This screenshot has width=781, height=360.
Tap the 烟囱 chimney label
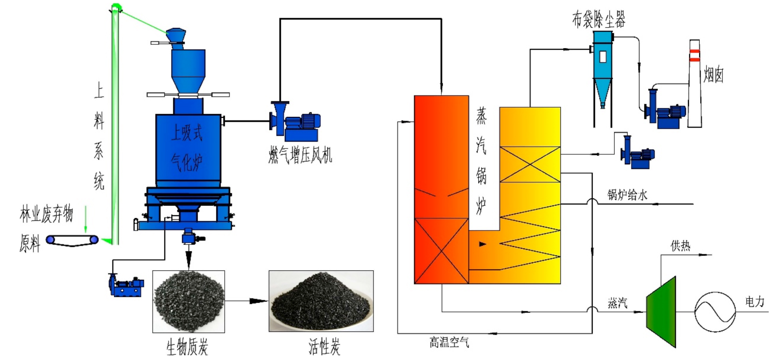(x=713, y=75)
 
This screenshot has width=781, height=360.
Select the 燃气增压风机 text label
(x=300, y=155)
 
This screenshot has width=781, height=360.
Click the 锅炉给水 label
(x=627, y=195)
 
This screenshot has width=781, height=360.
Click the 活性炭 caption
(x=324, y=347)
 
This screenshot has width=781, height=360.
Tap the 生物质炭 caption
(x=187, y=347)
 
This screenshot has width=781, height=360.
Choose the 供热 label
(x=680, y=246)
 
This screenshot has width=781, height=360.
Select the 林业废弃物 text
(x=46, y=214)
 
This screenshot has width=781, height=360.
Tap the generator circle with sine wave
(x=715, y=312)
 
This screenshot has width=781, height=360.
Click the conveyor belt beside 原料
(x=72, y=240)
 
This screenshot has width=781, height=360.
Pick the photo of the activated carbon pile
(x=321, y=301)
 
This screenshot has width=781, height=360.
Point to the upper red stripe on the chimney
(x=694, y=51)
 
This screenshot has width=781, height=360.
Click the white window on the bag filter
(x=603, y=57)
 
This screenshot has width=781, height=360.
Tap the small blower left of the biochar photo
(x=126, y=285)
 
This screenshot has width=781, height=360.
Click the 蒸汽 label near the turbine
(x=617, y=303)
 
